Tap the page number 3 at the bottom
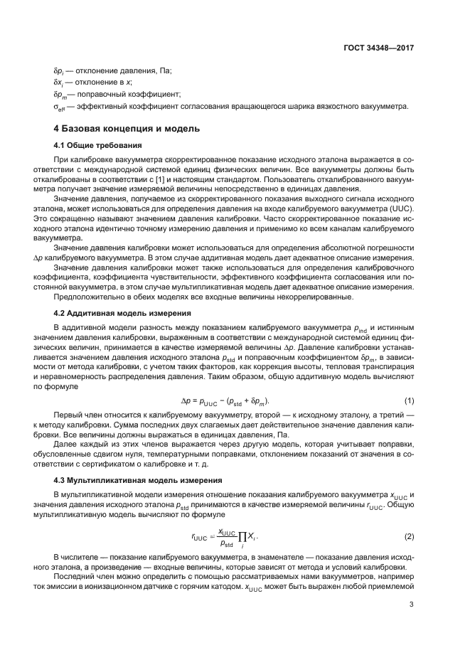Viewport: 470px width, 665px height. tap(412, 605)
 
